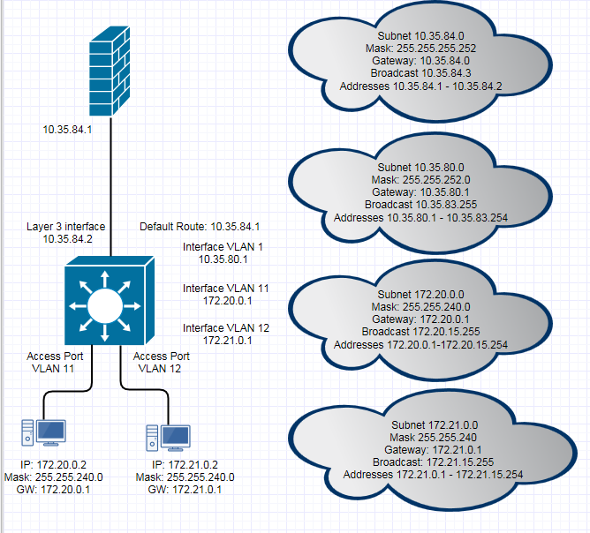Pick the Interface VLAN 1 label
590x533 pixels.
tap(224, 253)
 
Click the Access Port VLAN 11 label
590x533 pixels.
tap(56, 363)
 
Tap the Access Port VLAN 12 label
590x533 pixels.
tap(162, 363)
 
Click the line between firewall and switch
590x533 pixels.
tap(110, 185)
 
